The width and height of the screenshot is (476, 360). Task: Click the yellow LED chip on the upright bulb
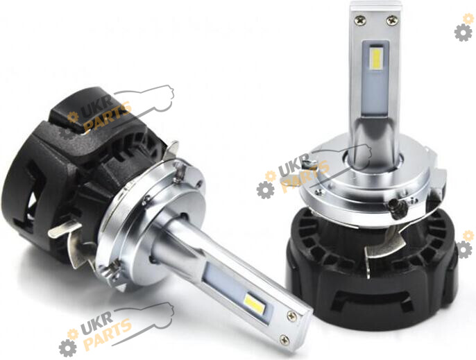pos(376,59)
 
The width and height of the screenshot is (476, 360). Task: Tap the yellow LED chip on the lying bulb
pos(254,304)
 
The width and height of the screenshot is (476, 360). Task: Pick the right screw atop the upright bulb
pos(391,21)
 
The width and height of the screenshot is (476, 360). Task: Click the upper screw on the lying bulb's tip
pos(292,316)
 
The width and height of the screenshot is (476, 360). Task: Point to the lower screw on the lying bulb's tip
pos(284,339)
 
